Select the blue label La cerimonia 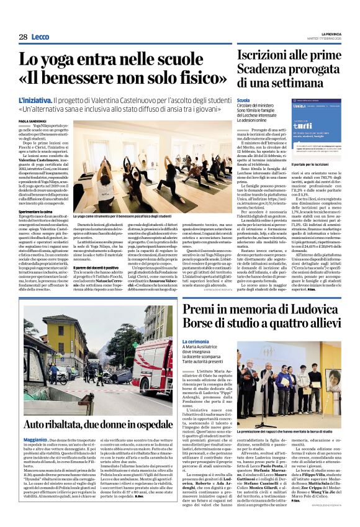(196, 341)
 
